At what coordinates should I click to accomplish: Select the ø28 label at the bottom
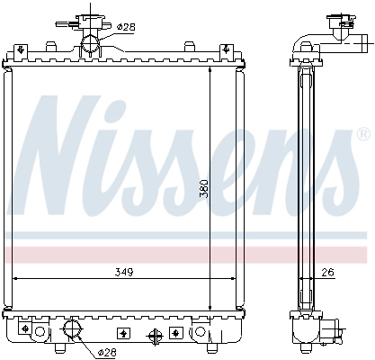[x=106, y=351]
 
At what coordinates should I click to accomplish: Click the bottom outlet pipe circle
[x=72, y=327]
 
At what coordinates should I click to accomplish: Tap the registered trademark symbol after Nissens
[x=362, y=134]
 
